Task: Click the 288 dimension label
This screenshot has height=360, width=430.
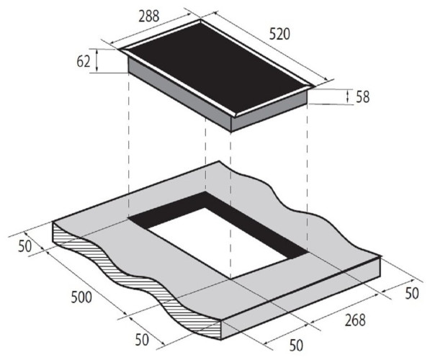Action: click(x=148, y=16)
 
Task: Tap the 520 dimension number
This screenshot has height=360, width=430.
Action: click(x=279, y=35)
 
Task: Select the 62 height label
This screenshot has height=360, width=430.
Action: click(x=83, y=61)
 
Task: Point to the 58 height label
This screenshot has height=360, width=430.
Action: click(x=362, y=97)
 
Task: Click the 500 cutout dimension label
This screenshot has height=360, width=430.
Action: click(x=81, y=297)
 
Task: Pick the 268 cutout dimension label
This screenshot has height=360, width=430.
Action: click(x=355, y=320)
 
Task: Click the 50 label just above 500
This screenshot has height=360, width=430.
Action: click(x=25, y=246)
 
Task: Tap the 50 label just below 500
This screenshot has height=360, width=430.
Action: click(x=142, y=340)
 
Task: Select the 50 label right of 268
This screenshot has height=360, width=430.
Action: click(x=412, y=293)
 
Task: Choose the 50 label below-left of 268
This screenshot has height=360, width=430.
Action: click(x=296, y=345)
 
